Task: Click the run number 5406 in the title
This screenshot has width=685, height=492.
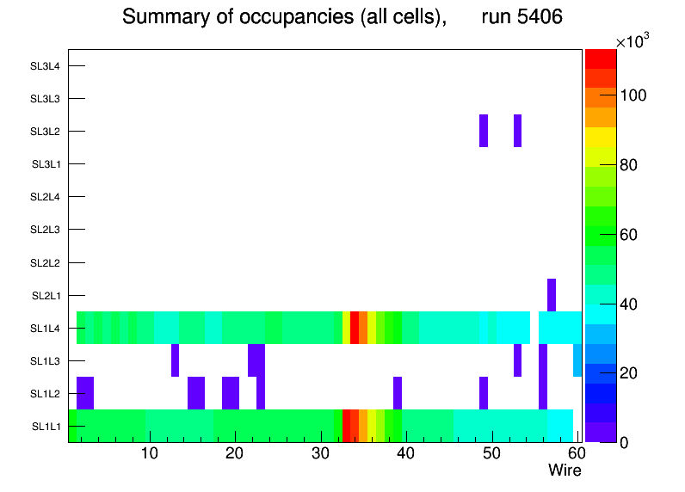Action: click(522, 17)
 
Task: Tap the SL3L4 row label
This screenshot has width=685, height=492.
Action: click(45, 66)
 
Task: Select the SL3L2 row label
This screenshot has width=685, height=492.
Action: click(45, 132)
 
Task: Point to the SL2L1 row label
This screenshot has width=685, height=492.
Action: click(46, 296)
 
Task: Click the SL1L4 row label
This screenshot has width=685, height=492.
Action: click(45, 329)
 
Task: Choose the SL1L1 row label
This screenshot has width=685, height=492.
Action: click(46, 427)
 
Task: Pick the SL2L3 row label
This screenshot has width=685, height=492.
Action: click(45, 231)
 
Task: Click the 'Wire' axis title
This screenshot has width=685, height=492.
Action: click(565, 471)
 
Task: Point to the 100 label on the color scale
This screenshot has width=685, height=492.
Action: click(636, 95)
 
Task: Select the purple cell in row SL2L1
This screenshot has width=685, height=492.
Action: click(552, 295)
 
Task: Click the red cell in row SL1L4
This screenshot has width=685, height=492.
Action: click(355, 328)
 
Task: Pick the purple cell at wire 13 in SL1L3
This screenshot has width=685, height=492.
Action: click(175, 360)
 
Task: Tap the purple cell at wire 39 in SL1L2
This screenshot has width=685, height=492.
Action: click(398, 393)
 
